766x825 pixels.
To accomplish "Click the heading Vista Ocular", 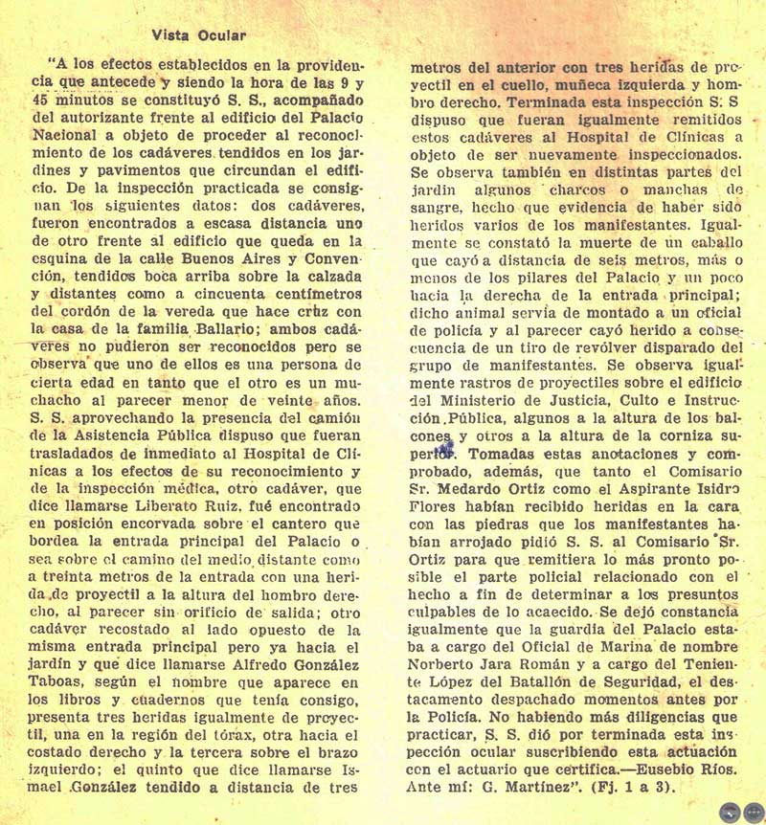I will point(200,36).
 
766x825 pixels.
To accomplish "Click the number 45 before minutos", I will point(45,100).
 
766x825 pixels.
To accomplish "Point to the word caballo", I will point(707,244).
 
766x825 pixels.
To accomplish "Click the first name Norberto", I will point(456,664).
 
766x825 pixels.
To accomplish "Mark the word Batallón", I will point(558,681).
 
